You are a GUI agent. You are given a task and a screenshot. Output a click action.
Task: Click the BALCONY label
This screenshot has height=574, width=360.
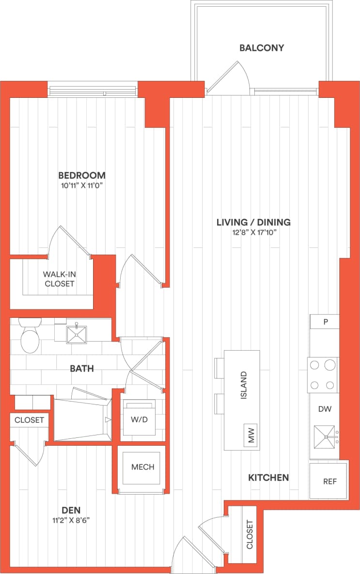tap(261, 48)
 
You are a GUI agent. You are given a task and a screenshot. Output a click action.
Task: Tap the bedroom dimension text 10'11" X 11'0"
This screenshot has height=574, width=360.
tap(82, 186)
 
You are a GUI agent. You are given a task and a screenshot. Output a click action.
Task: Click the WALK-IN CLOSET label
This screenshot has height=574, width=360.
tap(60, 279)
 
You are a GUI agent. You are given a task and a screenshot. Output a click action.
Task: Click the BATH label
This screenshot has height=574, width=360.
tap(82, 369)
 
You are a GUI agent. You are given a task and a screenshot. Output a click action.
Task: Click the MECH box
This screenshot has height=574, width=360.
tap(143, 467)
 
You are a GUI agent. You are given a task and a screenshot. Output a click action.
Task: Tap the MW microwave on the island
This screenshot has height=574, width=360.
tap(251, 435)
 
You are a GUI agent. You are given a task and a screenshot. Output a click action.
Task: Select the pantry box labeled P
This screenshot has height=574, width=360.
tap(325, 322)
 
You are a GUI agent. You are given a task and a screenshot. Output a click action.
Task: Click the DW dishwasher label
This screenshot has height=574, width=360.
tap(325, 409)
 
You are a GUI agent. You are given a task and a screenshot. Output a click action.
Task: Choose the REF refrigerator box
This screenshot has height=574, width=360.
tap(329, 481)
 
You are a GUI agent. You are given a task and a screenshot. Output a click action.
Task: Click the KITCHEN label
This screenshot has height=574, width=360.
tap(268, 478)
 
